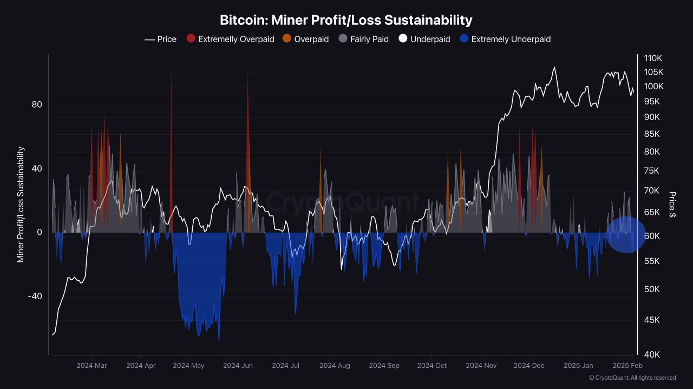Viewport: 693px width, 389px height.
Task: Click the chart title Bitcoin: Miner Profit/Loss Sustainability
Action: point(346,20)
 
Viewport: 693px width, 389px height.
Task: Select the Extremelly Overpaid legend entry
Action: point(230,39)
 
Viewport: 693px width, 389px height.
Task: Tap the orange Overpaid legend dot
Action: point(287,39)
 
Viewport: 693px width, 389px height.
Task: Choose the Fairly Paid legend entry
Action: point(364,39)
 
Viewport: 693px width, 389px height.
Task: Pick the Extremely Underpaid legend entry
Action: point(505,39)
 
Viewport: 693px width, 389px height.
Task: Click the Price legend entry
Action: point(161,39)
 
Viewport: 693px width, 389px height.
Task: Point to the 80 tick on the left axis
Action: point(36,104)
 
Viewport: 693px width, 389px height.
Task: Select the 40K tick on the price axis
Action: point(651,354)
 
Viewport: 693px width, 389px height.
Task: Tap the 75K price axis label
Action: point(651,171)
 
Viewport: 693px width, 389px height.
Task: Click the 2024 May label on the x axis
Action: point(188,366)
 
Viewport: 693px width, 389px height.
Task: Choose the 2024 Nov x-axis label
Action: point(481,366)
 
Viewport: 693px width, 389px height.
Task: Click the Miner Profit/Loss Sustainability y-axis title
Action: point(21,205)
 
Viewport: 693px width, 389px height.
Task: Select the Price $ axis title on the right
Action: point(672,205)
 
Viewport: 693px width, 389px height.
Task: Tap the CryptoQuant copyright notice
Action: point(632,378)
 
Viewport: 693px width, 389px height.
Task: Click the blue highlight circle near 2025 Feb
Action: point(626,234)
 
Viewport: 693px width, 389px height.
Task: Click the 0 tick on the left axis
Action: point(39,232)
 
